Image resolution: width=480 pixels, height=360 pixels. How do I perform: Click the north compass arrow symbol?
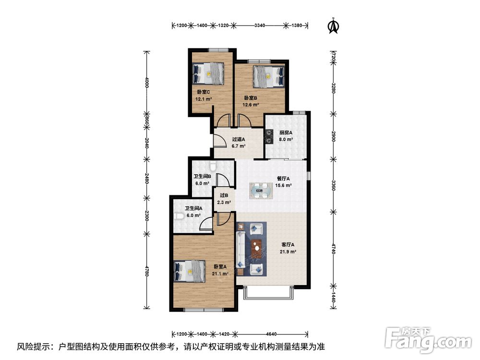click(334, 26)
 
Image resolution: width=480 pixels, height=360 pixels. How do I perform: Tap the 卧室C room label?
click(203, 92)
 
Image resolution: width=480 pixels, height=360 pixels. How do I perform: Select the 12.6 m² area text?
click(251, 105)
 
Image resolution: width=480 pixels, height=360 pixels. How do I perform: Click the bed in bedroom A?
click(190, 271)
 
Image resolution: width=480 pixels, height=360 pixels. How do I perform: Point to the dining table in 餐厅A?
click(261, 191)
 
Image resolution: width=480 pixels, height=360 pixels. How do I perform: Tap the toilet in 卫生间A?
click(180, 216)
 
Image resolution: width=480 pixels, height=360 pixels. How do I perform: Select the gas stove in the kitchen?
click(269, 136)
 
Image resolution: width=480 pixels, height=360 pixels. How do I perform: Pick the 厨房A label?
click(286, 133)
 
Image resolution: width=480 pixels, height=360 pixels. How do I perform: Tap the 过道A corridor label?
click(239, 139)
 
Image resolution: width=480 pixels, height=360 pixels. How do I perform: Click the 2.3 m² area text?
click(224, 203)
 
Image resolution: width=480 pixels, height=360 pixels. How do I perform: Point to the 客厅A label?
click(288, 245)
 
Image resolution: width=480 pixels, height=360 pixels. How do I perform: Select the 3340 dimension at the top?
click(260, 25)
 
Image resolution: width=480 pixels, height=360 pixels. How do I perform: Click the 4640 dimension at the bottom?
click(271, 334)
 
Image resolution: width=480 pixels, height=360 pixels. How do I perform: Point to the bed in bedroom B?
click(269, 76)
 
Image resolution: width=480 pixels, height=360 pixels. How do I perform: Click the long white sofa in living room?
click(240, 251)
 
